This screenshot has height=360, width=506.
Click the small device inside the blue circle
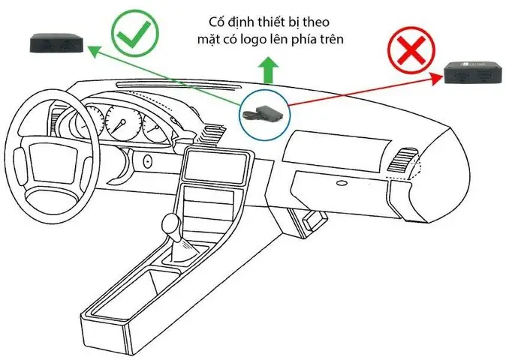[x=262, y=112]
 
